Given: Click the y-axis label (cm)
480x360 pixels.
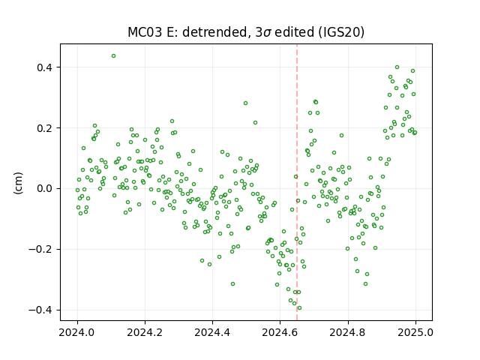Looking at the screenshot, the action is tap(18, 183).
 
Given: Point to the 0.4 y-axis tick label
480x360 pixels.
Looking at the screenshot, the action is tap(44, 67).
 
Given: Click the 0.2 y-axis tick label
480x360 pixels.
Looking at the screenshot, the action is tap(44, 128).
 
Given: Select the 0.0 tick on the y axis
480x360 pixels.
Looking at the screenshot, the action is tap(44, 188).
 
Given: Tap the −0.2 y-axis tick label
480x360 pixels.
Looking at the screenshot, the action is tap(40, 250).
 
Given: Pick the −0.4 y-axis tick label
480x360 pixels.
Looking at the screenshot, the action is tap(40, 310).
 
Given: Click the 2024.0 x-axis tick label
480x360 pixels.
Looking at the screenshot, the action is tap(77, 332).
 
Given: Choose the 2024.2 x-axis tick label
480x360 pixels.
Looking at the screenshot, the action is tap(145, 332).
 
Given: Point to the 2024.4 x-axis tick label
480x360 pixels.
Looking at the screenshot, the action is tap(212, 332).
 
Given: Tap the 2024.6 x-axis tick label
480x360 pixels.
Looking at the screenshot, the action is tap(280, 332).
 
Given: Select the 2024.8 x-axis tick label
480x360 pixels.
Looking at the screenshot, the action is tap(348, 332).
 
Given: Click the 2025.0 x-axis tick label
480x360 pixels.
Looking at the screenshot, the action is tap(415, 332).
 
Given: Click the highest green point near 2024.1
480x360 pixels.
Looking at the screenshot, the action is tap(113, 56).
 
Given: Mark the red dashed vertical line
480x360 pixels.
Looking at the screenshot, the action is tap(297, 182).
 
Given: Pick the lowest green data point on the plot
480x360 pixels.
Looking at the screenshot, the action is tap(299, 308).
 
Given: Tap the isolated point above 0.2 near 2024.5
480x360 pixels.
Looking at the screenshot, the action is tap(245, 103).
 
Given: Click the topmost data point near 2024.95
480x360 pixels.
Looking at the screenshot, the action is tap(397, 67).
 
